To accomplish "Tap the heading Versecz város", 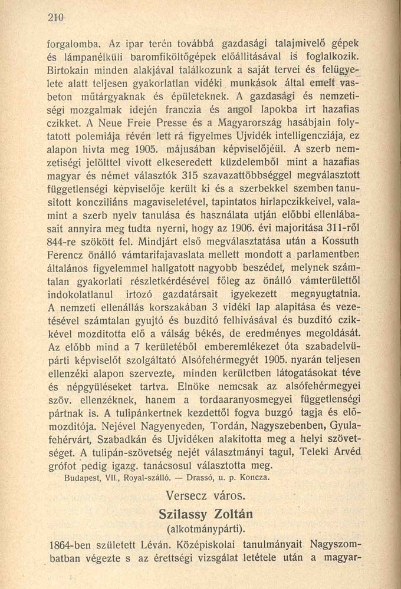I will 202,494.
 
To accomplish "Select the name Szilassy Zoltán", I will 202,513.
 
